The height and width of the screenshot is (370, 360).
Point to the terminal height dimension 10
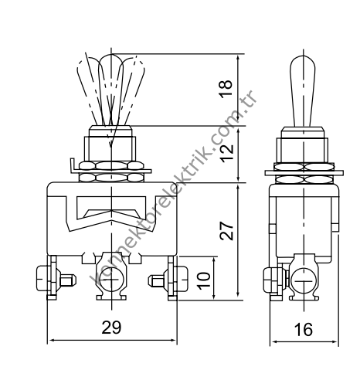(x=203, y=278)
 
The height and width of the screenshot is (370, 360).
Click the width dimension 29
(x=112, y=328)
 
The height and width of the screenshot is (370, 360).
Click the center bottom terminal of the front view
(x=112, y=280)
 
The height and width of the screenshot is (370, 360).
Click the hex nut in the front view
(x=111, y=170)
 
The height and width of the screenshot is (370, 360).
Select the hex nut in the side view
(x=304, y=171)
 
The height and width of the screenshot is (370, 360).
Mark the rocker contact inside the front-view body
(x=111, y=212)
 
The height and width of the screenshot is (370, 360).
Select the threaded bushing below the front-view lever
(x=111, y=143)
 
